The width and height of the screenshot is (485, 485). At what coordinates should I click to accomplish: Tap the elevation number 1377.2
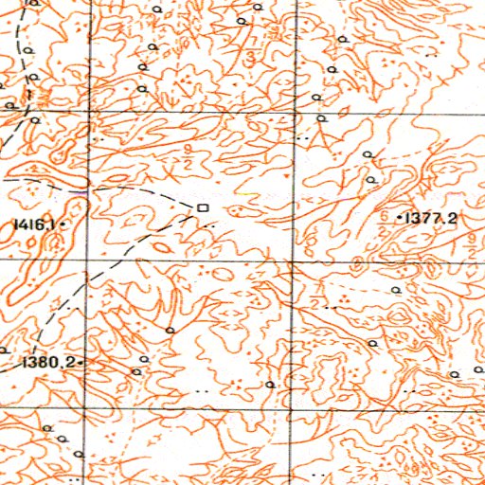[433, 218]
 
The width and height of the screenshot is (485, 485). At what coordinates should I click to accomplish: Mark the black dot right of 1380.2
[82, 362]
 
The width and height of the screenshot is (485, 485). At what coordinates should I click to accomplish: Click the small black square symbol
[202, 206]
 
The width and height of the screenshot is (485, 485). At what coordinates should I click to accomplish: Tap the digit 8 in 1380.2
[44, 362]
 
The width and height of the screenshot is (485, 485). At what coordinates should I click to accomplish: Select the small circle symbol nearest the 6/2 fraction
[371, 178]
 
